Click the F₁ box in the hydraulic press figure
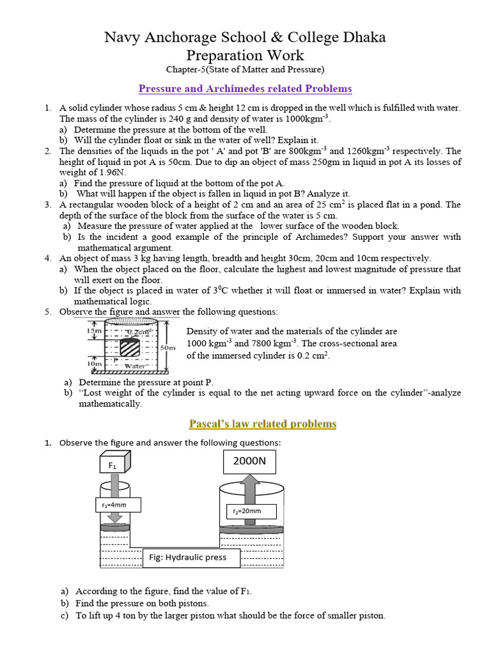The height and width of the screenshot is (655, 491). coord(113,466)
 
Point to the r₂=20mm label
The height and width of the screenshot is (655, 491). coord(252,511)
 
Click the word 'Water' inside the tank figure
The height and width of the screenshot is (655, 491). coord(135,367)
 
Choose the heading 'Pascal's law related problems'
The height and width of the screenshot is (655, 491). coord(263,424)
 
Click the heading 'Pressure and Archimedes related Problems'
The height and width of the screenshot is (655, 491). coord(245,88)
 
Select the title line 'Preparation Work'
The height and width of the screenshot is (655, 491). coord(245,55)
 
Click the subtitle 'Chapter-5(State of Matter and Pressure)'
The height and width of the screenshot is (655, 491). coord(245,69)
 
